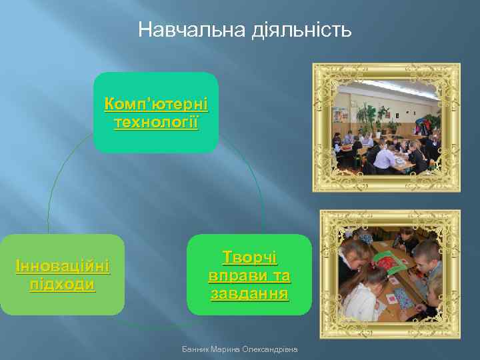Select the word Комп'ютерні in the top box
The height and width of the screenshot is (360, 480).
tap(156, 105)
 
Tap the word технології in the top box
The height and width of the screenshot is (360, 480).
tap(156, 123)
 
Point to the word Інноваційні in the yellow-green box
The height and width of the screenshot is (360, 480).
tap(63, 267)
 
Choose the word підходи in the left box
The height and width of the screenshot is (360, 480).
tap(63, 285)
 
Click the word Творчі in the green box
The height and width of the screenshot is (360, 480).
tap(249, 257)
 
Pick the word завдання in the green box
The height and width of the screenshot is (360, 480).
tap(249, 293)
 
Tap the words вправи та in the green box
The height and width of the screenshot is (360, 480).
tap(249, 275)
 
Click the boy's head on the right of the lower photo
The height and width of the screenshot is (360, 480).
tap(427, 253)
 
